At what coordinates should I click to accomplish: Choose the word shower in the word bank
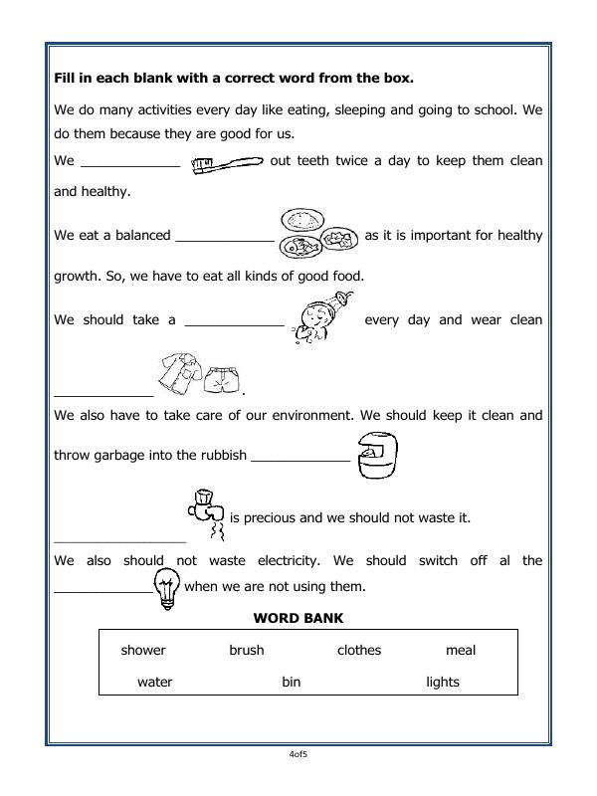[x=143, y=650]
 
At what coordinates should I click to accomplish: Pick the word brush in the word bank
[x=247, y=650]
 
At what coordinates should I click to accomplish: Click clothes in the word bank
[x=359, y=650]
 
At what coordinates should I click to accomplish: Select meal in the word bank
[x=461, y=650]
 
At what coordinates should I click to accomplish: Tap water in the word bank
[x=154, y=682]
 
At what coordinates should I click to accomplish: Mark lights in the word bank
[x=443, y=682]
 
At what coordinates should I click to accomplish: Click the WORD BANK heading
[x=298, y=618]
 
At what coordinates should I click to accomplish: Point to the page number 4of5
[x=298, y=755]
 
